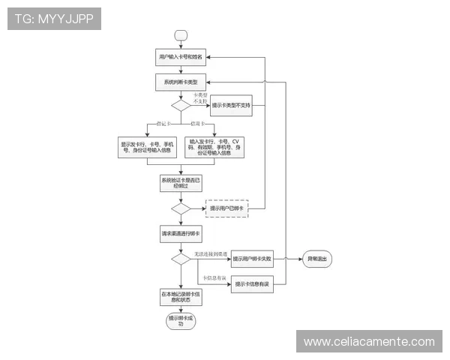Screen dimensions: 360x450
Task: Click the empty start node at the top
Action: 180,34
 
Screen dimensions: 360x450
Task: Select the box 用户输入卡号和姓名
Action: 180,57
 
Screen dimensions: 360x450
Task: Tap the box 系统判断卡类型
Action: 180,81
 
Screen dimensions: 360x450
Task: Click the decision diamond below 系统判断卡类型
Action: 180,106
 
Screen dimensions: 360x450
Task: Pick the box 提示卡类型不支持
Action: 231,106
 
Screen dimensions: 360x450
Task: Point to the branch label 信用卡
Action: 197,124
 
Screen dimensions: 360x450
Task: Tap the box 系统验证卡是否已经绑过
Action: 180,183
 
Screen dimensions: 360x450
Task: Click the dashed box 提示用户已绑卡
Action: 226,208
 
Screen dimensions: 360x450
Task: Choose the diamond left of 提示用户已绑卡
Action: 180,208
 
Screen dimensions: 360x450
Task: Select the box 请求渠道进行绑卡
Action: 180,233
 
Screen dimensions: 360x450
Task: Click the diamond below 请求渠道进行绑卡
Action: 180,259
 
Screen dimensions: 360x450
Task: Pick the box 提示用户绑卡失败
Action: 251,259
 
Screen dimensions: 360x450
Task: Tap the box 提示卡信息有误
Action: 251,283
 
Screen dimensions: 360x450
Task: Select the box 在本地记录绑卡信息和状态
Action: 180,296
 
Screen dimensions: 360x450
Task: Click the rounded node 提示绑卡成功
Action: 180,321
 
